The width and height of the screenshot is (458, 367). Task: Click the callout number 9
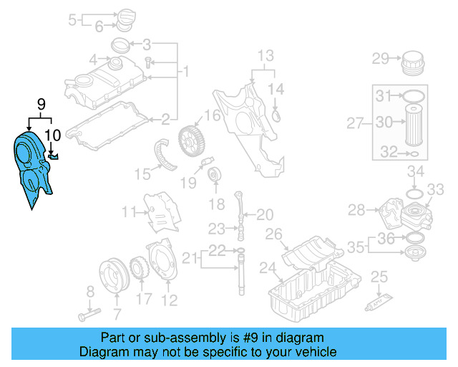coord(41,105)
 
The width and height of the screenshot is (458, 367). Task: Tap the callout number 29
coord(379,58)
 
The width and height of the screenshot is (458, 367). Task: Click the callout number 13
coord(265,55)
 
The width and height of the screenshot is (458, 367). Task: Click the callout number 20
coord(265,214)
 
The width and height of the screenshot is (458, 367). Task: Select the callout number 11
coord(129,212)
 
